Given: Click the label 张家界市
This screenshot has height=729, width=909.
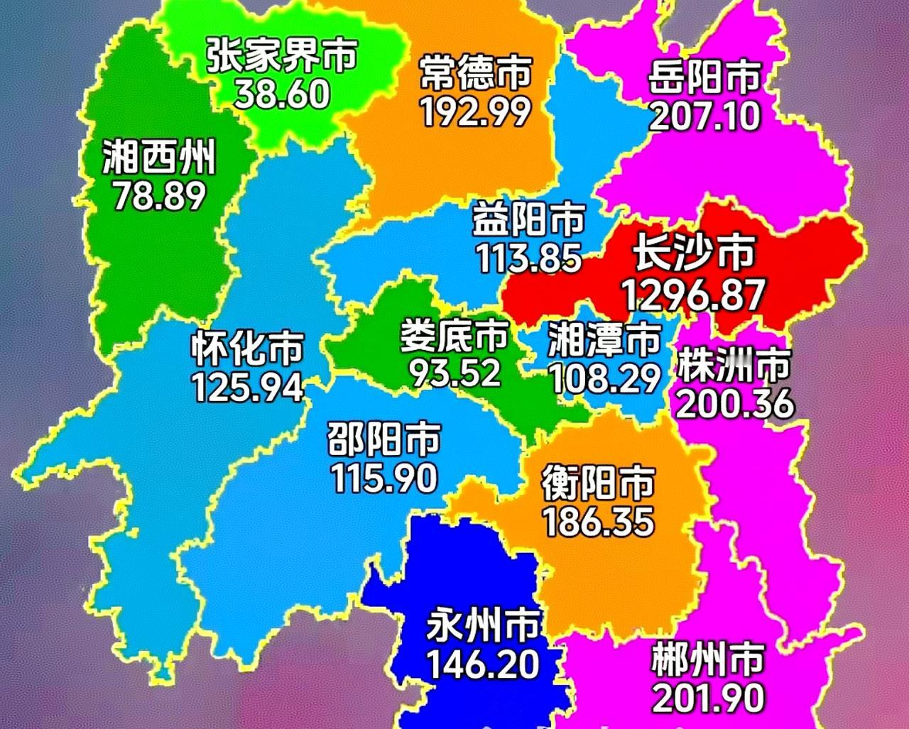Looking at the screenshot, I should [282, 55].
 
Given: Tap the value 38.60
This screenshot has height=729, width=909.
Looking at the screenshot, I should [282, 93].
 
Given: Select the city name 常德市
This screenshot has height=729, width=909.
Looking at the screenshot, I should [475, 74].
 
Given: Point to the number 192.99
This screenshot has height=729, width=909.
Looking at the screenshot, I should [475, 111].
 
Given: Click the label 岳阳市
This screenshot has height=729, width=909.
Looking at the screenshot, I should [704, 78].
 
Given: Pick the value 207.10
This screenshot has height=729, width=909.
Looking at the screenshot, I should [704, 116].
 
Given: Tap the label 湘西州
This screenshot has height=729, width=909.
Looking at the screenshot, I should [158, 158].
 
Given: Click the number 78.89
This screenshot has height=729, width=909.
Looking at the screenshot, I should [159, 197].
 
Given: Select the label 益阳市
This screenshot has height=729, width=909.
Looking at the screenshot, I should [529, 220].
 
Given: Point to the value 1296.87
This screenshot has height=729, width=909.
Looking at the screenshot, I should [693, 295].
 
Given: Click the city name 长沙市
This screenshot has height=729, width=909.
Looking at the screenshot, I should [694, 253].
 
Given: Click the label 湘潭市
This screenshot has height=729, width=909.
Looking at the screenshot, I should [604, 341].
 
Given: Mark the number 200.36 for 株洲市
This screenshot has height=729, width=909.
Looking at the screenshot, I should [734, 404].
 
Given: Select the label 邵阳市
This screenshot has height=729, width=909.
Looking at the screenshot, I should [383, 440].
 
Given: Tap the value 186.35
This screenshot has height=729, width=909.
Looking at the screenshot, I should [598, 522].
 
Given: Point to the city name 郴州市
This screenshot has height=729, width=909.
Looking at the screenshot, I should [707, 659].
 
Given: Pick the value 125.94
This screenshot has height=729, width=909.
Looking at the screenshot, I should [247, 387].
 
